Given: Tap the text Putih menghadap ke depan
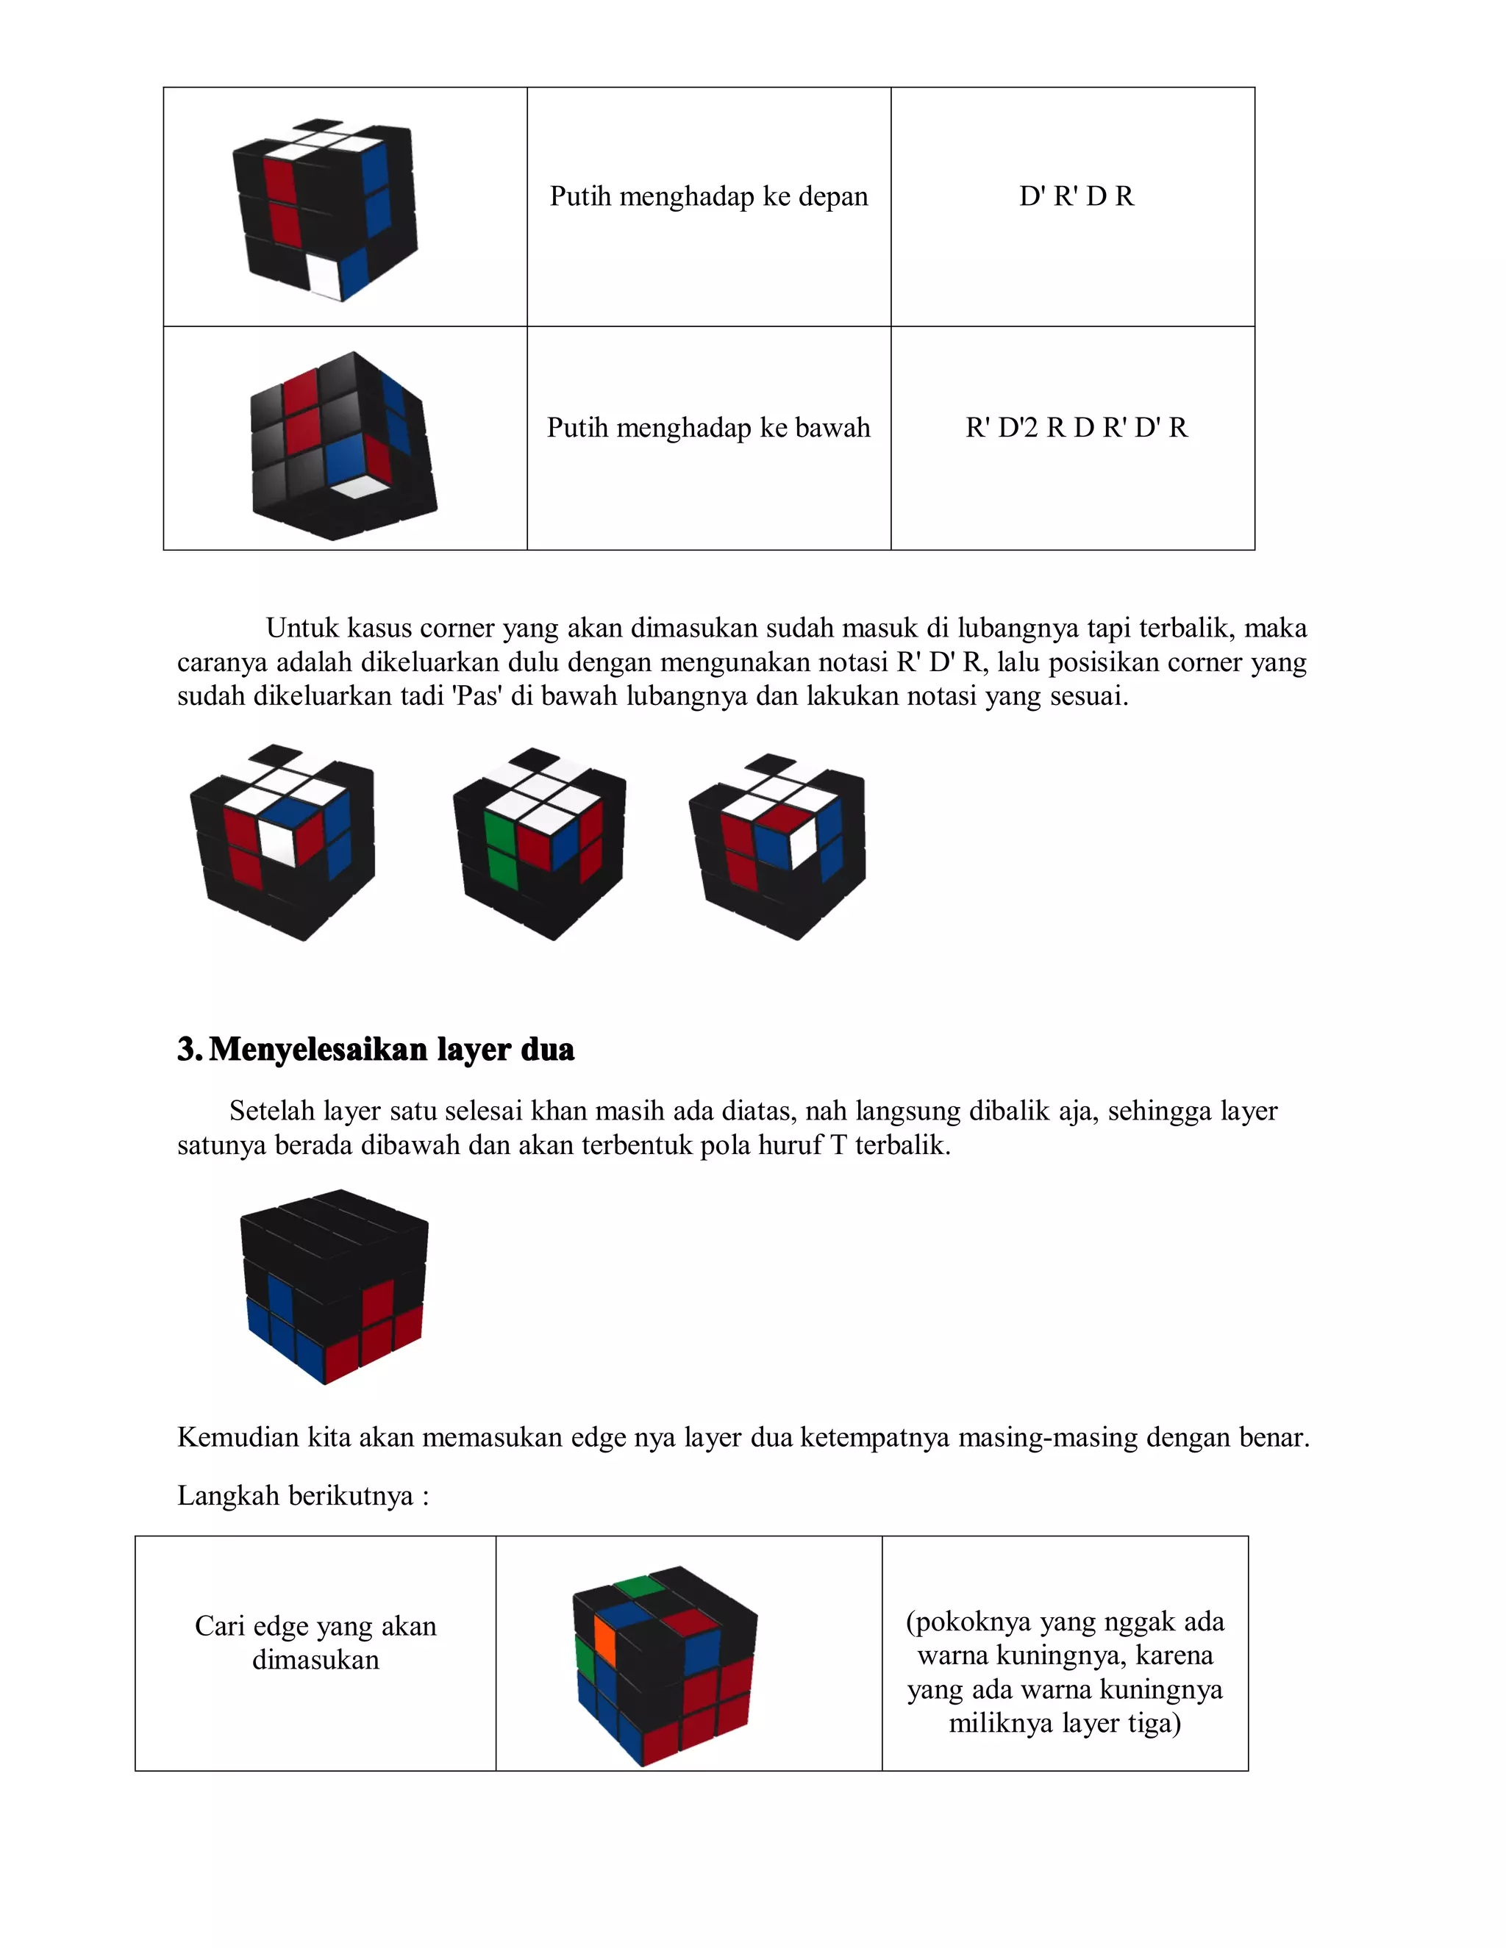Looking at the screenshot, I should tap(708, 196).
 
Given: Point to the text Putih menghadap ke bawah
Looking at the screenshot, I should tap(708, 428).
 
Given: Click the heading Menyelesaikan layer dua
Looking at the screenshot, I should tap(390, 1049).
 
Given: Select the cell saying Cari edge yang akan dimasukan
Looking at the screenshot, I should tap(315, 1642).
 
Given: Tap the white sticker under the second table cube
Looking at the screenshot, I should tap(359, 487).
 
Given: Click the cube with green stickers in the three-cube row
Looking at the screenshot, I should tap(540, 843).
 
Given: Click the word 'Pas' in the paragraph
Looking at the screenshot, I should tap(477, 695).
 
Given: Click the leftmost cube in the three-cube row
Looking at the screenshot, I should tap(283, 843).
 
